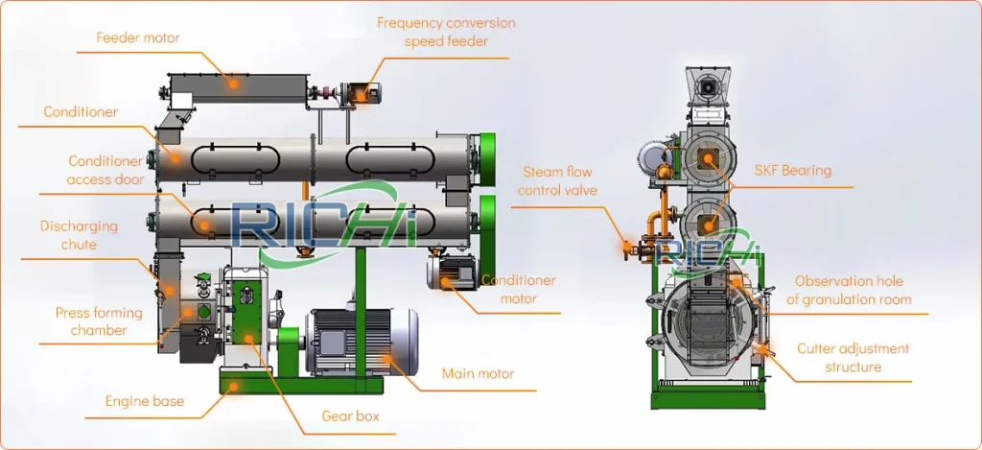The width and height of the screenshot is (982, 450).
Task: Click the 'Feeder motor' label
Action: point(138,38)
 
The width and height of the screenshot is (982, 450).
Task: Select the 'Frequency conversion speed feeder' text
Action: point(446,32)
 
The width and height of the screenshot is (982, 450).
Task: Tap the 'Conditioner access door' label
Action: point(105,171)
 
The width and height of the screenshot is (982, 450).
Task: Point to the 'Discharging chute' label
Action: point(79,235)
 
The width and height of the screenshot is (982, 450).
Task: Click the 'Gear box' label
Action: point(350,416)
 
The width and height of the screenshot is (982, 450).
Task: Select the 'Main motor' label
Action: point(478,373)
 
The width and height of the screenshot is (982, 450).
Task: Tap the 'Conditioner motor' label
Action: point(518,289)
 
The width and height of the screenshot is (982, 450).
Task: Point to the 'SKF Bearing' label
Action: point(792,171)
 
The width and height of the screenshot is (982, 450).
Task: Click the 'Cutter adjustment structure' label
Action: point(853,357)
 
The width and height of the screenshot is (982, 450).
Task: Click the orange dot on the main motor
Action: point(387,360)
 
